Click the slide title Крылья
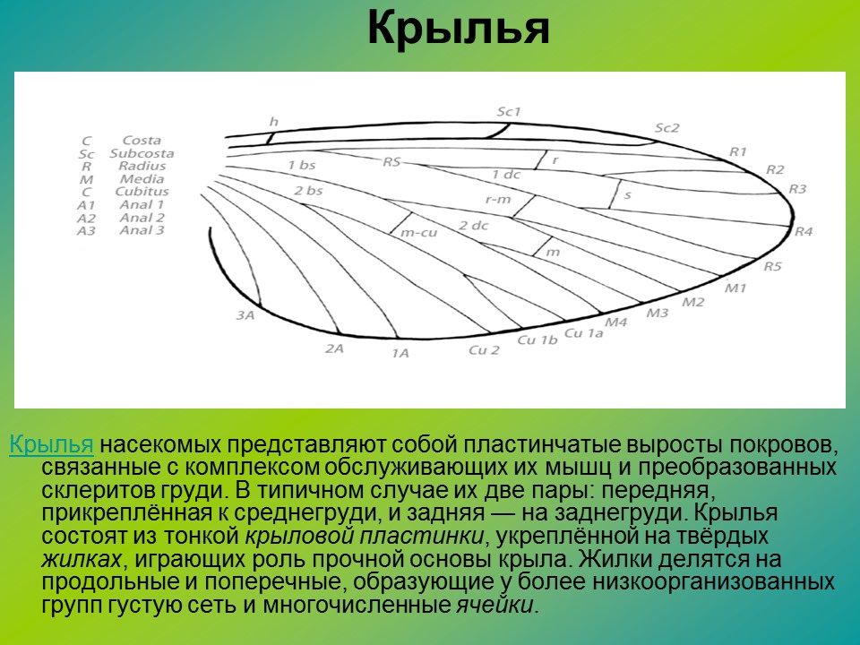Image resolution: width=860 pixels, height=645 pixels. point(457,30)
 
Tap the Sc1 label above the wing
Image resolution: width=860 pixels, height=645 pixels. point(509,112)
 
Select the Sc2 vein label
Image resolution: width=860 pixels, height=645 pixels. point(667,128)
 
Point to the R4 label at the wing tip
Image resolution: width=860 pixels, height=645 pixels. point(804,232)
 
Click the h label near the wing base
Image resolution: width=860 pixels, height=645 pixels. point(273,121)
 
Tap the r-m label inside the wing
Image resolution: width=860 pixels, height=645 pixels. point(497,199)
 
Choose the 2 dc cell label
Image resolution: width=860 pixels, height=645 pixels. point(473,226)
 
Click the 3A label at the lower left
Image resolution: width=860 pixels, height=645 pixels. point(245,315)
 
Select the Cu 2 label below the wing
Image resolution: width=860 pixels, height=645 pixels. point(484,349)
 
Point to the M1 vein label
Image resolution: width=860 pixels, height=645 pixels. point(735,288)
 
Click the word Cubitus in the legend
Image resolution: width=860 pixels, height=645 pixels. point(142,192)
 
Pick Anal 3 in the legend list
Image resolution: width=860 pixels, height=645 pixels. point(142,230)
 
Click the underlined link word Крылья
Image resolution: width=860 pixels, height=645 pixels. point(51,444)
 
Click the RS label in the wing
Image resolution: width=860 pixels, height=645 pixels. point(392,162)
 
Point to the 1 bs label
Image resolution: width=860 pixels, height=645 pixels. point(301,165)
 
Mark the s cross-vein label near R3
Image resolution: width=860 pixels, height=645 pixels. point(627,193)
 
